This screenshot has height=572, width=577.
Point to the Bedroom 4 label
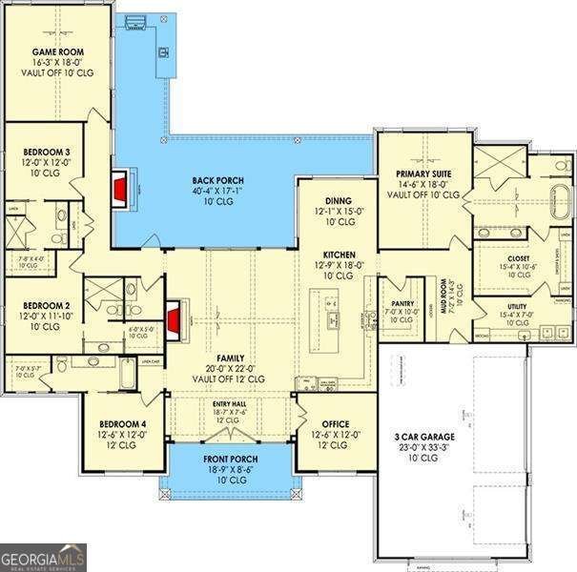(x=122, y=425)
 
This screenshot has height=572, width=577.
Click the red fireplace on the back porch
(x=120, y=189)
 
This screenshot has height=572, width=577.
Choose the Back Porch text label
(x=217, y=180)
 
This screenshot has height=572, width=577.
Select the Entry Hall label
(x=229, y=404)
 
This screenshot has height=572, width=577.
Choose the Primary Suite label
(x=423, y=174)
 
